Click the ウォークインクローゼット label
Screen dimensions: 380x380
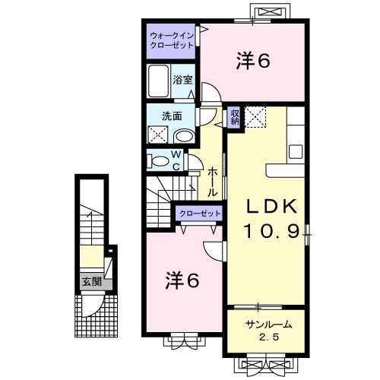tap(171, 40)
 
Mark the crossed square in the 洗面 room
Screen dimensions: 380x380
tap(158, 135)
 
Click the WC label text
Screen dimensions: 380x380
tap(174, 161)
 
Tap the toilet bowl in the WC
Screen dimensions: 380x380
tap(158, 161)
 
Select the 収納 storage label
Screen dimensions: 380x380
tap(235, 117)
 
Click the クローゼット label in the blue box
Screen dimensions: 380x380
tap(200, 214)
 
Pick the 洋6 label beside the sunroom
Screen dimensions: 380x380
tap(182, 281)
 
